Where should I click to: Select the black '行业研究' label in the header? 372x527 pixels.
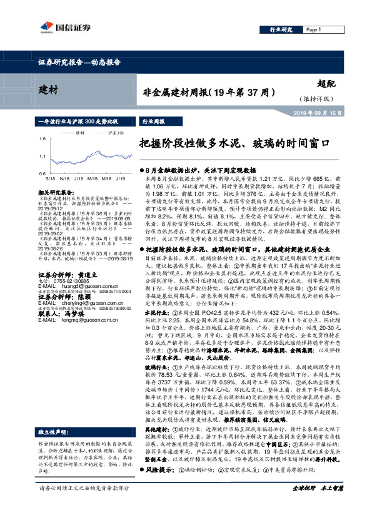[281, 29]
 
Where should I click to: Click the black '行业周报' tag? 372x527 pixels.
[154, 121]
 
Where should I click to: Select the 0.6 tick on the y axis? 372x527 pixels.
[41, 173]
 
